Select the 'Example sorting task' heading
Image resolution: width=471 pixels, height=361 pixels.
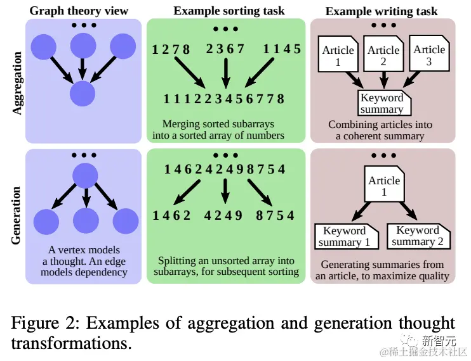point(229,10)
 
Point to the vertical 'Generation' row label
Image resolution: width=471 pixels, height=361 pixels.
point(17,215)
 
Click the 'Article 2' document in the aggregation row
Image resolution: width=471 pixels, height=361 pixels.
point(383,56)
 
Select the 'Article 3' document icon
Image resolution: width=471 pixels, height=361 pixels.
point(430,55)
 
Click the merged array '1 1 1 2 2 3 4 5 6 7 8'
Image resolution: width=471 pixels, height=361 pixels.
point(223,99)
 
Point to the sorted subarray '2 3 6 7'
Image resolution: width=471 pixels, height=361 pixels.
point(225,49)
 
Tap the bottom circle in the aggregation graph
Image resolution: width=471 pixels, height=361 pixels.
point(83,94)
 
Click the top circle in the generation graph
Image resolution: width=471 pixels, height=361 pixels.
point(86,175)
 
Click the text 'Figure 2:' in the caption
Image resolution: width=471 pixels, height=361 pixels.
point(45,324)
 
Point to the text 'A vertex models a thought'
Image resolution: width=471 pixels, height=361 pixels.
point(84,255)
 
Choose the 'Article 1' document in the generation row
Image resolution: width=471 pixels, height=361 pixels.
point(384,186)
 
